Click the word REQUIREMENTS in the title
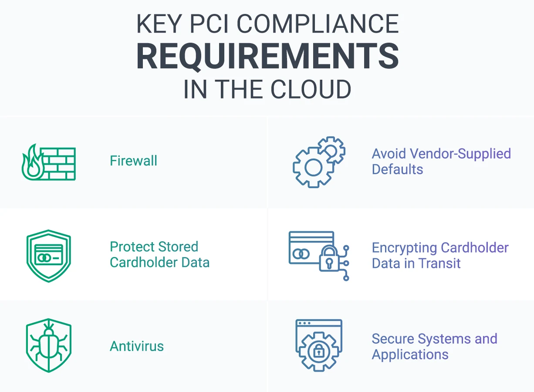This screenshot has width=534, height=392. point(267,57)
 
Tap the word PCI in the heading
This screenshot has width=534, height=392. point(209,24)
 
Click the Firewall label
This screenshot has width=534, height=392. point(133,160)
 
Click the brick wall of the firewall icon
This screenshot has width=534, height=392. point(58,164)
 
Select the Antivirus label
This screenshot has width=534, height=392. point(137,346)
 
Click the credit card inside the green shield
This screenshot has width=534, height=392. point(49,255)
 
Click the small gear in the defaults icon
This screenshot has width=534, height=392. point(331,150)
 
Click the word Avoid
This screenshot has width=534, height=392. point(389,153)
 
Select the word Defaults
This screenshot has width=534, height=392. point(397,169)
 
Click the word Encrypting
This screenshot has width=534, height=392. point(404,248)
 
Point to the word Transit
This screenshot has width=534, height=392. point(439,263)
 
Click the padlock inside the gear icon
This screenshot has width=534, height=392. point(319,351)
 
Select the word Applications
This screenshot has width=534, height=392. point(410,355)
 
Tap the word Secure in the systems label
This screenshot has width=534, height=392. point(393,338)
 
